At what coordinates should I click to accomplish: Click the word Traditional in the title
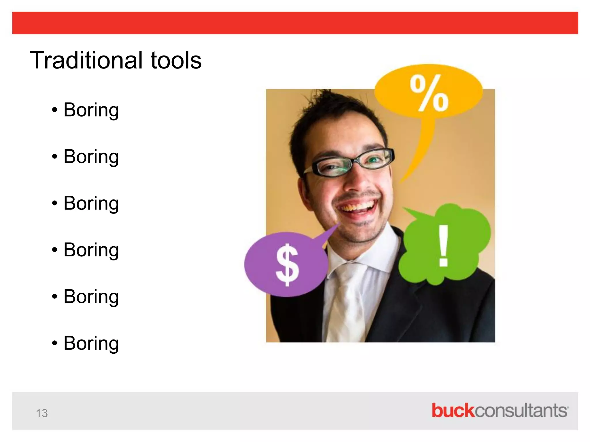(x=86, y=60)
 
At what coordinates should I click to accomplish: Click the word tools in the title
(x=176, y=60)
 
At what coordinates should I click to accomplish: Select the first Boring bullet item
(x=91, y=110)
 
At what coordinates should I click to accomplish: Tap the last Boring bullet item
(x=91, y=343)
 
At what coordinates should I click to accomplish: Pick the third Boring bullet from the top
(x=91, y=203)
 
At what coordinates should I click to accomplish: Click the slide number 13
(x=42, y=413)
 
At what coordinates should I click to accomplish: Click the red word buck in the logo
(x=453, y=411)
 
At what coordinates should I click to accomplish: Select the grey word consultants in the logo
(x=521, y=411)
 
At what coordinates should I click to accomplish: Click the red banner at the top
(x=295, y=23)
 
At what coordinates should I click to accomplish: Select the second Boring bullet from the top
(x=91, y=157)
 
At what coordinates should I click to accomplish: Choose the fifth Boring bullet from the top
(x=91, y=297)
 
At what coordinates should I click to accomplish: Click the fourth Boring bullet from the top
(x=91, y=250)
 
